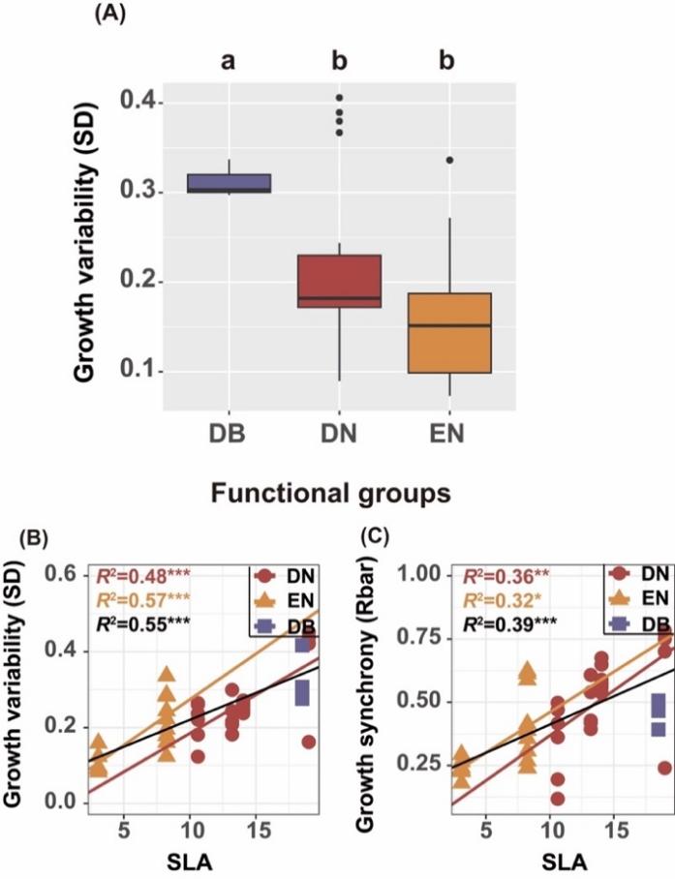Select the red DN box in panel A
point(339,280)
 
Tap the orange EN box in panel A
point(449,332)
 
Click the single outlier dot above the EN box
point(449,161)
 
